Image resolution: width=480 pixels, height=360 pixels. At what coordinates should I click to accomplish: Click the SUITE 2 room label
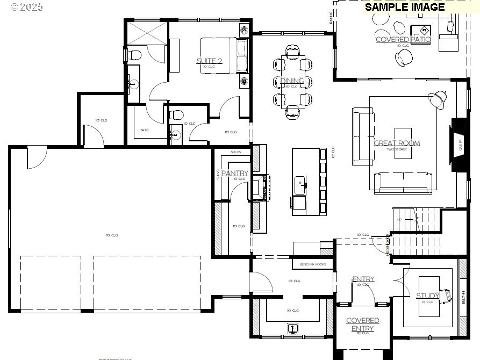click(x=209, y=61)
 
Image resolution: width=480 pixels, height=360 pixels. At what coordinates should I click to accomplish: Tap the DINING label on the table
click(x=292, y=81)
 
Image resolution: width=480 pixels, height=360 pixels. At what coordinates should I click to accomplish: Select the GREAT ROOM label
click(x=397, y=143)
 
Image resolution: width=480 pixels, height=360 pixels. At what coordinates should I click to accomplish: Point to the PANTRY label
click(x=235, y=173)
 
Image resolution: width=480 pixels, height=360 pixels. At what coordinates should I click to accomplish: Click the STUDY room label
click(x=428, y=296)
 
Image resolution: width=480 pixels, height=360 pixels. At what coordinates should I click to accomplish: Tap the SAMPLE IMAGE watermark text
click(x=405, y=7)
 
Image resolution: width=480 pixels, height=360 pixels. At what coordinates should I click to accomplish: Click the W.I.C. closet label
click(x=145, y=130)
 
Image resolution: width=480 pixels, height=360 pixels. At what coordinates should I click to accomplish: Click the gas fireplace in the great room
click(x=458, y=142)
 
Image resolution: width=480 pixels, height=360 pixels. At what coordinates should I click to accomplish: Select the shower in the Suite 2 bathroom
click(x=147, y=33)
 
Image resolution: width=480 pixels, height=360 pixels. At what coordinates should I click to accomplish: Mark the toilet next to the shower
click(x=134, y=55)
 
